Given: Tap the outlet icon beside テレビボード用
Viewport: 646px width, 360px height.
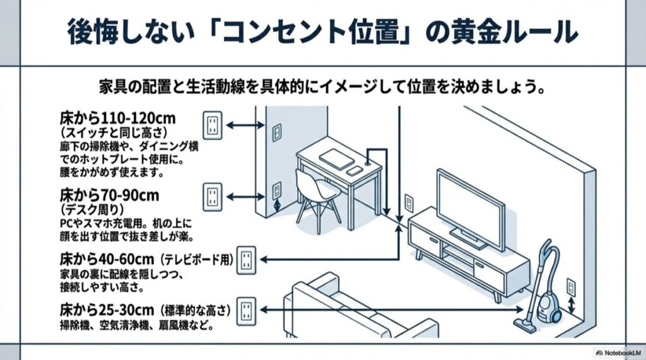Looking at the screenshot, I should (x=246, y=259).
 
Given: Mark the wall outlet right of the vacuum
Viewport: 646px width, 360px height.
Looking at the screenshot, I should (x=571, y=287).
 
